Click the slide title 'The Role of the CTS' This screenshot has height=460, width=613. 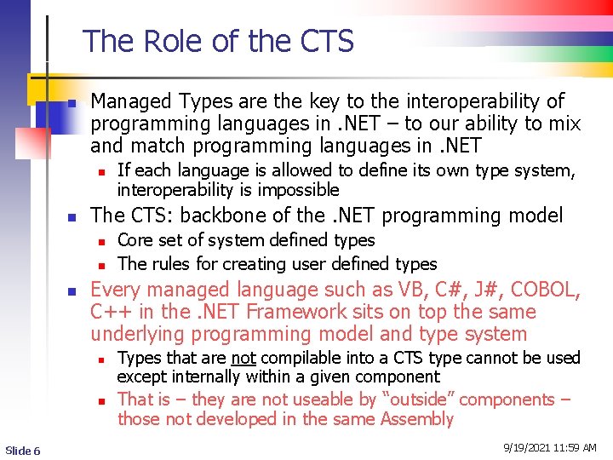pos(218,41)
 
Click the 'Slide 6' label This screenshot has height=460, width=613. pos(22,451)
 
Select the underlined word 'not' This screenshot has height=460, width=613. pos(244,358)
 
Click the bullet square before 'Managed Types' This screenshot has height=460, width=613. pos(73,103)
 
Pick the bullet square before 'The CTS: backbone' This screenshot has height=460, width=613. pos(73,216)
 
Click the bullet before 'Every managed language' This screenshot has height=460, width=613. pos(73,291)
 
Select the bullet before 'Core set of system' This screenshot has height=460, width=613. pos(100,242)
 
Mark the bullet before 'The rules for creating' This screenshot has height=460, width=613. pos(100,265)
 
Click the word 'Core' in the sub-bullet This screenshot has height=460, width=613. pos(134,241)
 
